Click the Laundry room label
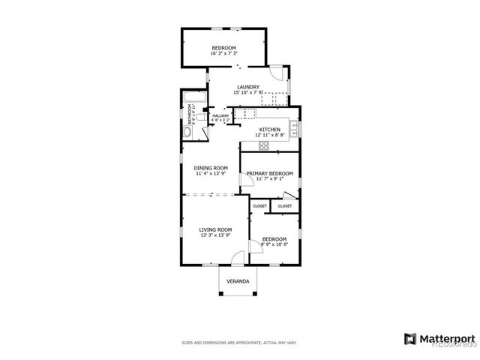coord(247,87)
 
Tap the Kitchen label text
coord(270,130)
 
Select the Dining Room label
coord(211,168)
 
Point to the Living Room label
coord(214,229)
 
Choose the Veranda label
coord(238,282)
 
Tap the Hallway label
coord(220,115)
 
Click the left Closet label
coord(259,205)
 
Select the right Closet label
coord(285,205)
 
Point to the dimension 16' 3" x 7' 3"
coord(224,54)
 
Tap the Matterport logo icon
coord(409,338)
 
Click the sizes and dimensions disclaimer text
coord(239,343)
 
